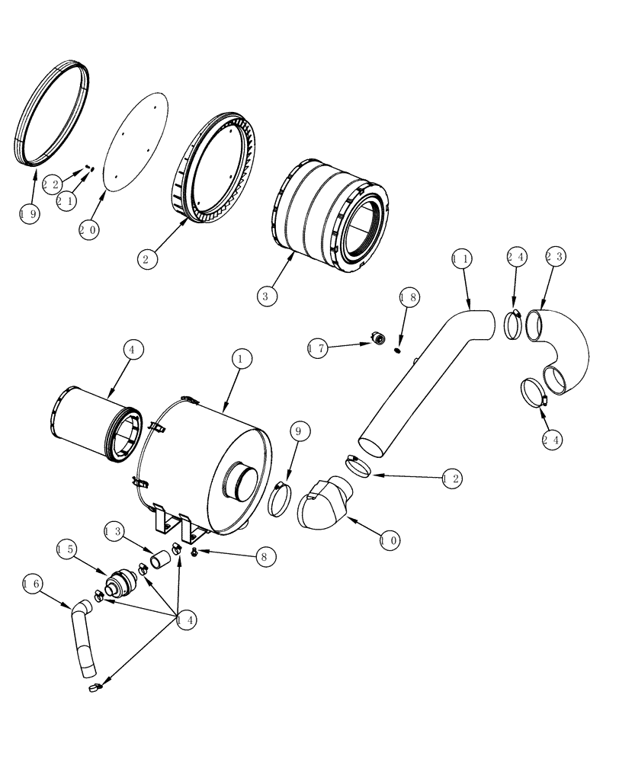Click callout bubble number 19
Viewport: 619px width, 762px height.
click(x=30, y=214)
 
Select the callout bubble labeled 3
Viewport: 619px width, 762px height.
click(x=265, y=295)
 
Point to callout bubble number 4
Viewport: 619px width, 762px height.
click(x=131, y=350)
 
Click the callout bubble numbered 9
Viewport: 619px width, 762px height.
click(x=298, y=432)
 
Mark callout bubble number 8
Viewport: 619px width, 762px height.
click(x=263, y=558)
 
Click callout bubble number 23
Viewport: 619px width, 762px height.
click(x=554, y=258)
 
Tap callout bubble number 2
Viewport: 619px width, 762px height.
click(x=148, y=258)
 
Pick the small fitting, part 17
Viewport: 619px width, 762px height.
click(x=377, y=338)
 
